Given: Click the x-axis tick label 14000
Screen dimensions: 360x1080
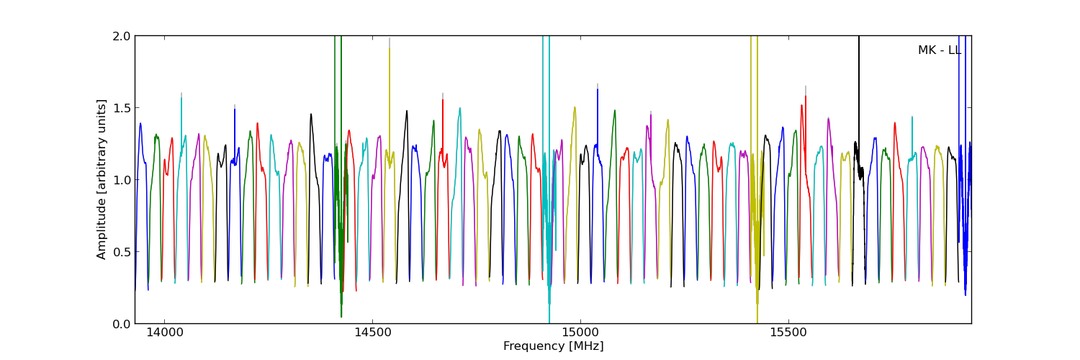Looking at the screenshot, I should (x=164, y=334).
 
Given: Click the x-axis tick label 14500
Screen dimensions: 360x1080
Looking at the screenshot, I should (x=372, y=334).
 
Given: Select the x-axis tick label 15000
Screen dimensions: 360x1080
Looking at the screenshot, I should (x=580, y=334).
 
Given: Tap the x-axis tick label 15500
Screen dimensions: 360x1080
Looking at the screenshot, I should (x=788, y=334).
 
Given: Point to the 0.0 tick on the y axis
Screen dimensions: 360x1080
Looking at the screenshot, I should (x=122, y=324).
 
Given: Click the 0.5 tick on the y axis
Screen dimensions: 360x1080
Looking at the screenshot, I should (x=122, y=252).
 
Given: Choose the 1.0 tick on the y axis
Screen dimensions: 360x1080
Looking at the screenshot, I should (x=122, y=180).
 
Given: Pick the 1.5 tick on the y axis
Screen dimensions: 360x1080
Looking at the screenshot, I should (x=122, y=108).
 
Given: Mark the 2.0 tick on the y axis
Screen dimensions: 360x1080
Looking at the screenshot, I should (x=122, y=36).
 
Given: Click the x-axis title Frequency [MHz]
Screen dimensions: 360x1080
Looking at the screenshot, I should (x=553, y=346).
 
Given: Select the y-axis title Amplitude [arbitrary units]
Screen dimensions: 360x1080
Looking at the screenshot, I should (x=102, y=179).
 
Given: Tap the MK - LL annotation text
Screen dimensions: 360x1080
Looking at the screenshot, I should (x=939, y=50).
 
